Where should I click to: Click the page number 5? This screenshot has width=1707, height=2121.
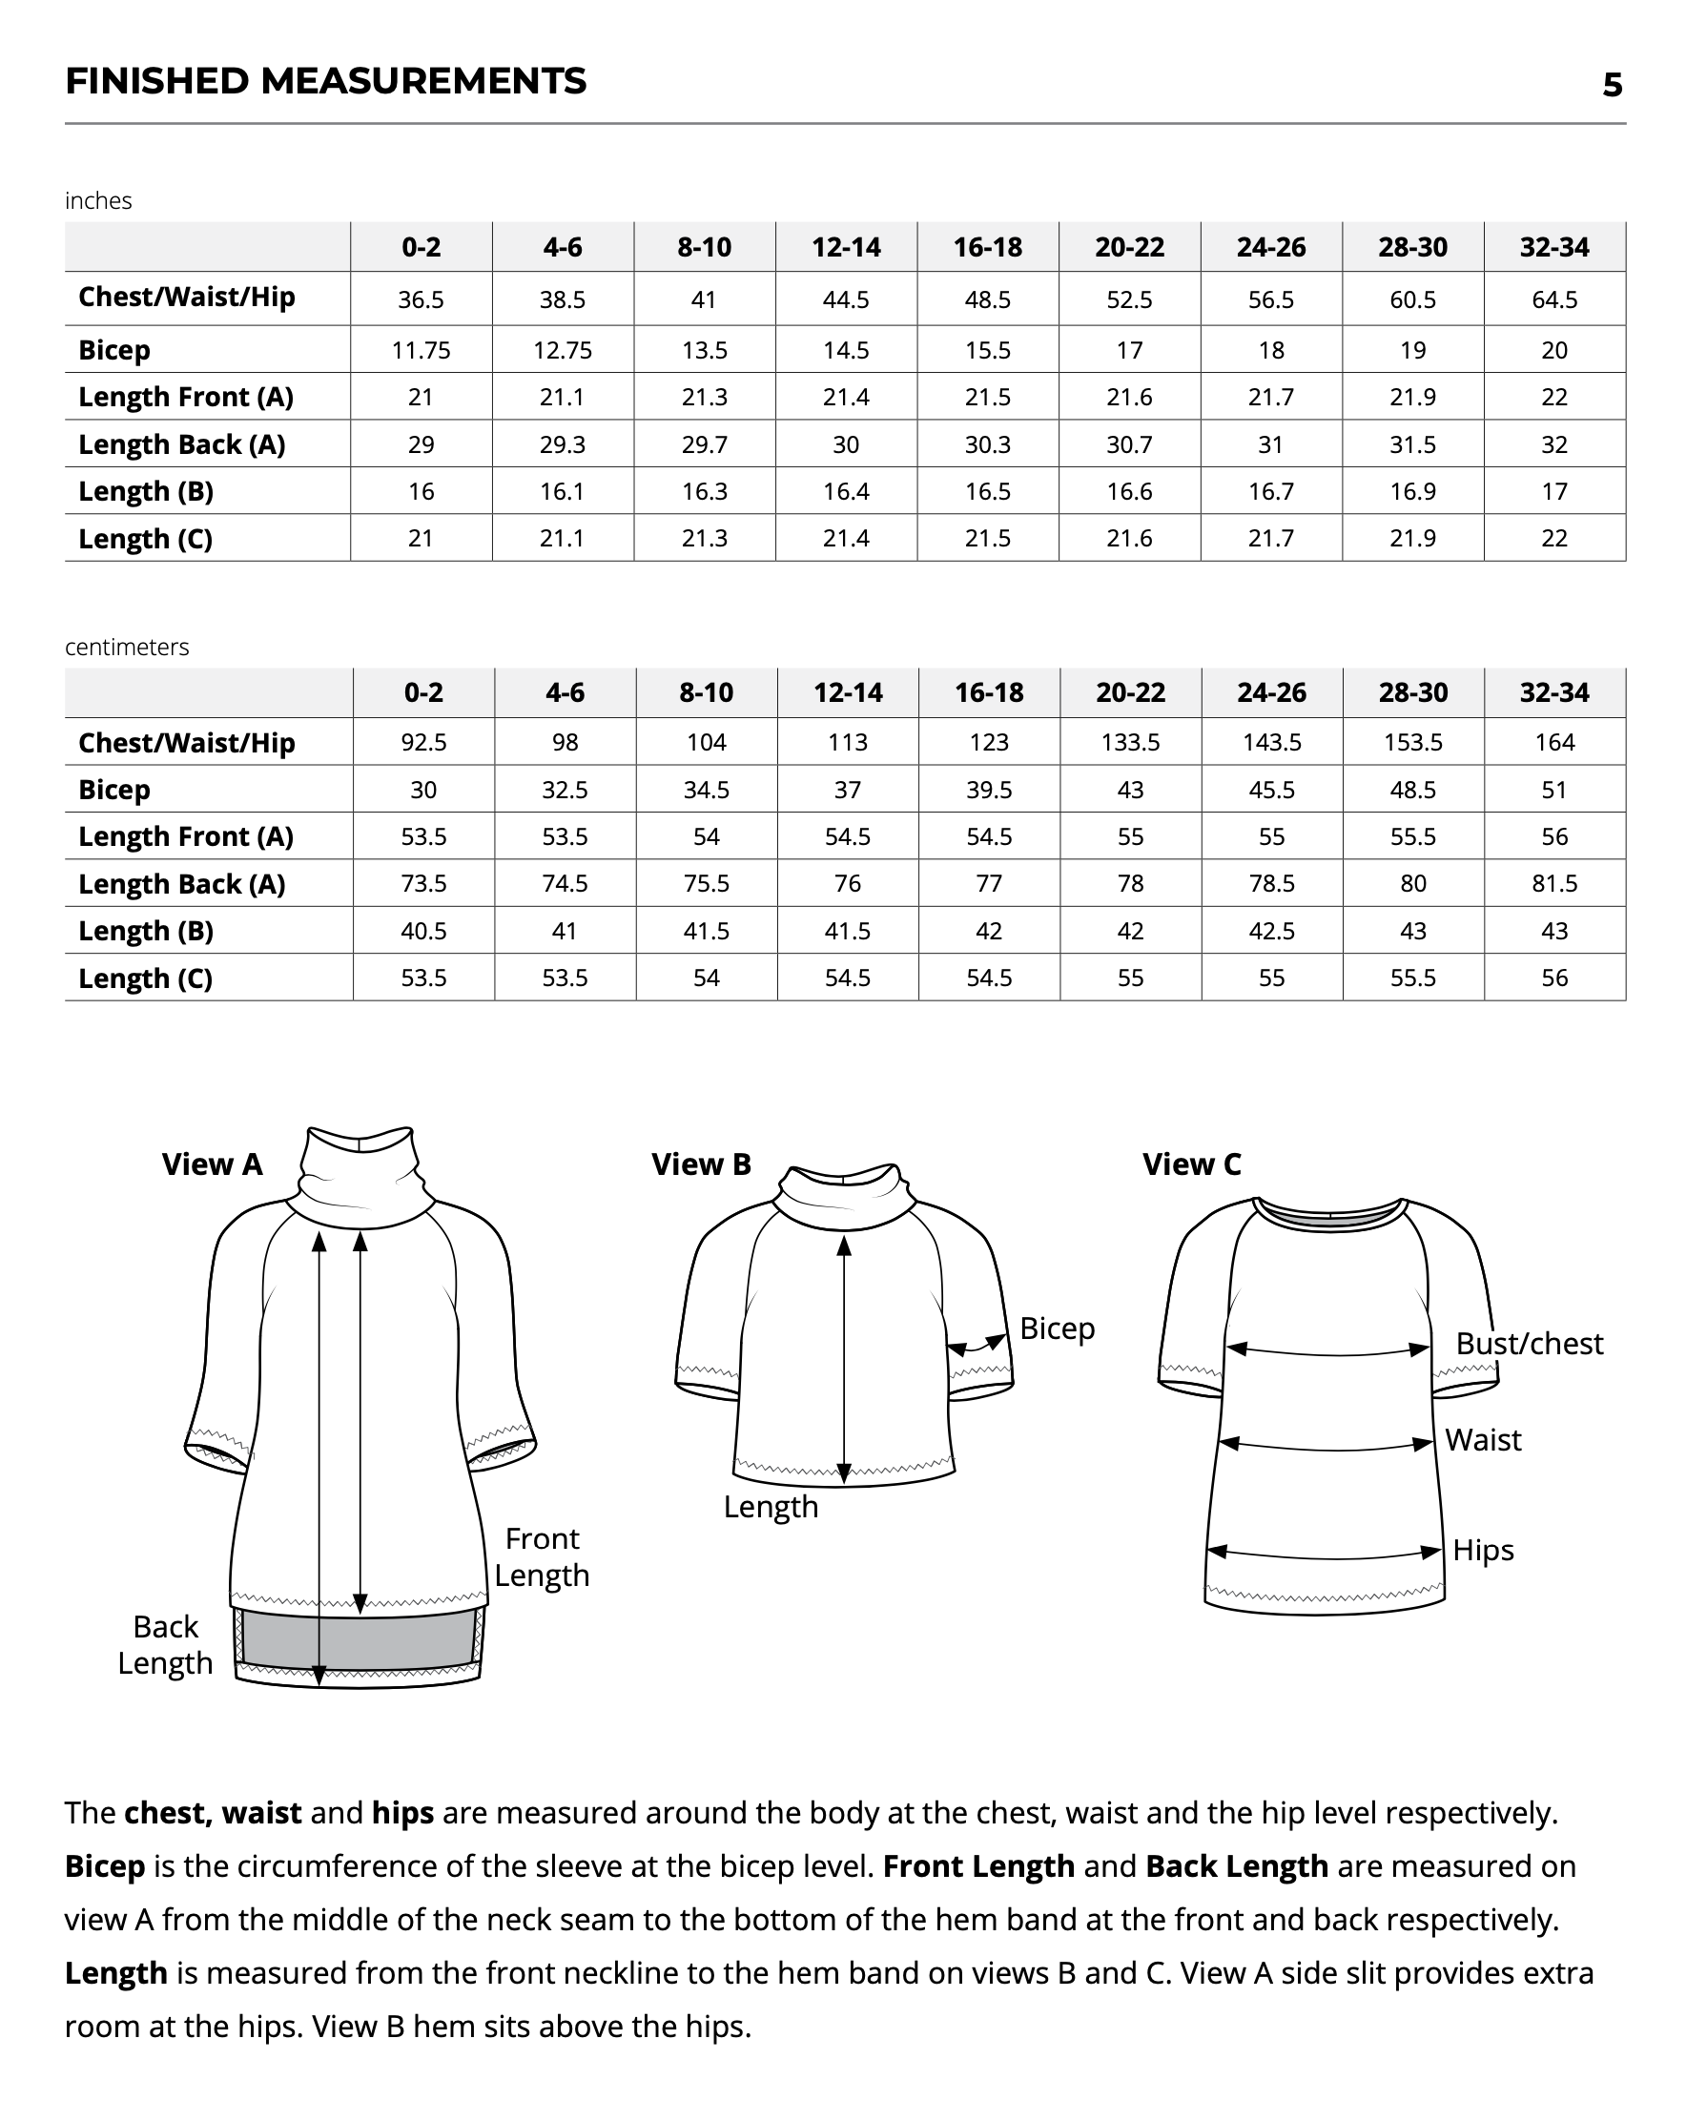pos(1612,86)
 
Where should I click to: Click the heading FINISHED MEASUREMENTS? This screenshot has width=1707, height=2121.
pos(325,81)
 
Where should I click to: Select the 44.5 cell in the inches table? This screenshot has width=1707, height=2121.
pos(845,300)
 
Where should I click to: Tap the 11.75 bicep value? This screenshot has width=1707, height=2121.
pos(421,350)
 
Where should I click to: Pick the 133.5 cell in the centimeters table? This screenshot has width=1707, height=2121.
pos(1129,743)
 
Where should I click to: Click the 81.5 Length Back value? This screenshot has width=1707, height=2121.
pos(1553,883)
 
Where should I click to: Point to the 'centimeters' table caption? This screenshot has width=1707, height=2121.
pos(127,648)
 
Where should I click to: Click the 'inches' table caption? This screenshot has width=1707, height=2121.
pos(98,200)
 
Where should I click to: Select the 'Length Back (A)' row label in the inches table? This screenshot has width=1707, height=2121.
pos(182,444)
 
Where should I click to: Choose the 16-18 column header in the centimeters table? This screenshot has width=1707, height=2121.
pos(989,692)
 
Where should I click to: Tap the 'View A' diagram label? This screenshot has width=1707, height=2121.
pos(213,1164)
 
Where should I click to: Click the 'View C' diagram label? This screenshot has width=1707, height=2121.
pos(1191,1164)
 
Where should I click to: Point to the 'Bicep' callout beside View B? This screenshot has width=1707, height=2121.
pos(1057,1328)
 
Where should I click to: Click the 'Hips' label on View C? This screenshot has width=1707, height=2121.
pos(1483,1551)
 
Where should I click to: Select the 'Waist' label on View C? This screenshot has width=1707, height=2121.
pos(1483,1440)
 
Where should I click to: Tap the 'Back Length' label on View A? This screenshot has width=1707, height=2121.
pos(165,1645)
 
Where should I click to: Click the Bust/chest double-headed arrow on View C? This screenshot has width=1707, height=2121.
pos(1328,1350)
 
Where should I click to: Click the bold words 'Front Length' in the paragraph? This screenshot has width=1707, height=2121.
pos(978,1866)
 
